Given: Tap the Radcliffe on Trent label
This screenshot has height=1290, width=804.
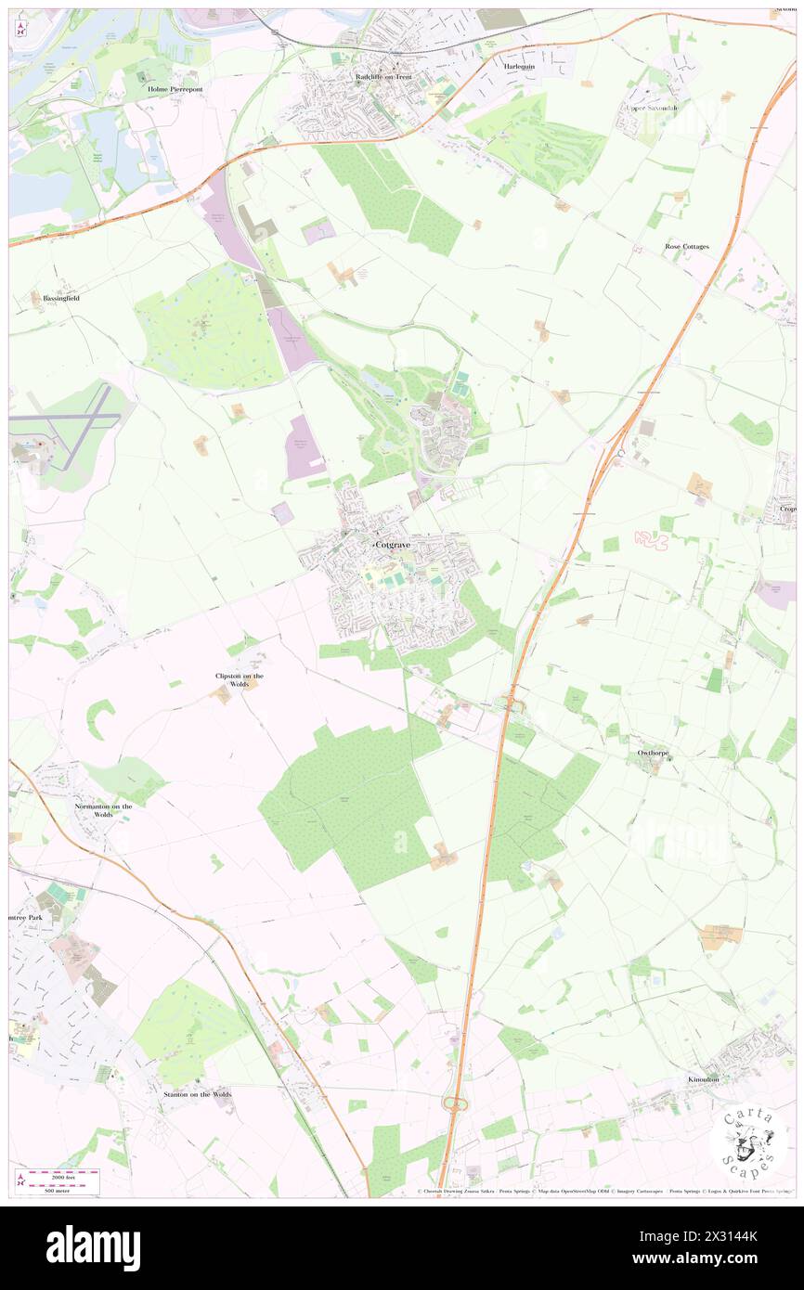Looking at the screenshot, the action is point(383,78).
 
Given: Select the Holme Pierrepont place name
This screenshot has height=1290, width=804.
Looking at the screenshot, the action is point(175,89).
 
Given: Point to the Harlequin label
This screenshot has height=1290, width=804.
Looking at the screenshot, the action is point(519,67).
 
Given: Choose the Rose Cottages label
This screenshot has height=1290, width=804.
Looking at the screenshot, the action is point(686,247).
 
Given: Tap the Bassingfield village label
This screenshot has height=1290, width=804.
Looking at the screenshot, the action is point(61,298).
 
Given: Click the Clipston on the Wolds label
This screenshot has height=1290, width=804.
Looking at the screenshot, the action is point(240,679).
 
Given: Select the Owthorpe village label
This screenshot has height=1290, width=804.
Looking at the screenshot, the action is point(654,753).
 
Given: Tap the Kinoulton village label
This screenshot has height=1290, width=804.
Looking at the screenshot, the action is point(703,1079).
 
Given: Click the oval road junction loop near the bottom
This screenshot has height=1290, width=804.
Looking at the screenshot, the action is point(455,1103).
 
